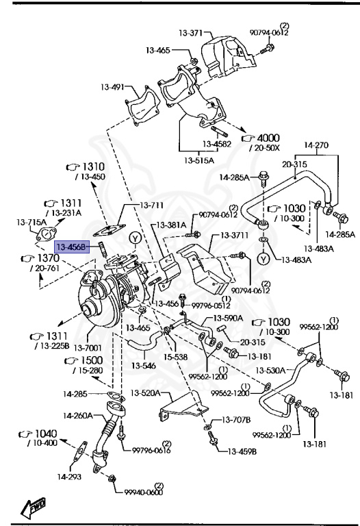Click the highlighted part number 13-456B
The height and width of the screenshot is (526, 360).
coord(72,247)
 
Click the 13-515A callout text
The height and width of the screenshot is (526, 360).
coord(198,160)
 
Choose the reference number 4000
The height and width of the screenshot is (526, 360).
coord(268,137)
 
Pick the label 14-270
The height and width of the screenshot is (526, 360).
coord(316,145)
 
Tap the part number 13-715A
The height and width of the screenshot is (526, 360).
coord(31,223)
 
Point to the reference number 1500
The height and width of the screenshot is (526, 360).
coord(93,360)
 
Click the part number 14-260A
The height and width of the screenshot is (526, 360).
coord(78,416)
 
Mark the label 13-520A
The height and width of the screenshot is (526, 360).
coord(145,393)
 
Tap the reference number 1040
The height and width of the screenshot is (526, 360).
coord(45,434)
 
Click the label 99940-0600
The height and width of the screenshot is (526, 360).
coord(143,492)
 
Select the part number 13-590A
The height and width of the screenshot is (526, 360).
coord(228,318)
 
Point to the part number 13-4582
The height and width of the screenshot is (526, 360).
coord(216,144)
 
